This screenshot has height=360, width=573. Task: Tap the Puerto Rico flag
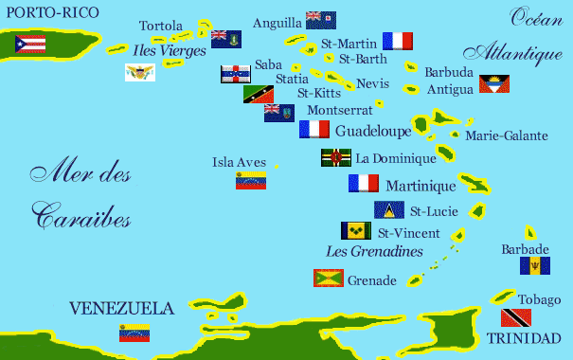coord(30,44)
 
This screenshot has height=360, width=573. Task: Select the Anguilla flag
coord(320,21)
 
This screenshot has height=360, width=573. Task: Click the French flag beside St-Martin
coord(398,41)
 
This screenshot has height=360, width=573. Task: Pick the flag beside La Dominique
coord(336,157)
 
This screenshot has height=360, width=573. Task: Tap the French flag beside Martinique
coord(364,183)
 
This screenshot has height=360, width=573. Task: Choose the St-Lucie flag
coord(389,209)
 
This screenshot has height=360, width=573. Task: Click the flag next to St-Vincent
coord(356,230)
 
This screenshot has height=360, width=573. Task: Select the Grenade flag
coord(329,278)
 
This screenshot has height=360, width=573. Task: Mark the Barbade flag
coord(534,265)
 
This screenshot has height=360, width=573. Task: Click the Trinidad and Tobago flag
coord(514,317)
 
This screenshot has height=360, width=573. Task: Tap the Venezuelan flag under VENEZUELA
coord(134,332)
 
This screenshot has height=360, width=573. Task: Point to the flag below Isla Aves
coord(251,180)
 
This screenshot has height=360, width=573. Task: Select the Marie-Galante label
coord(506,136)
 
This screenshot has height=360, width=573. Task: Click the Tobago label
coord(533,299)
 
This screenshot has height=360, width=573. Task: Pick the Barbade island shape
coord(530,232)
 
